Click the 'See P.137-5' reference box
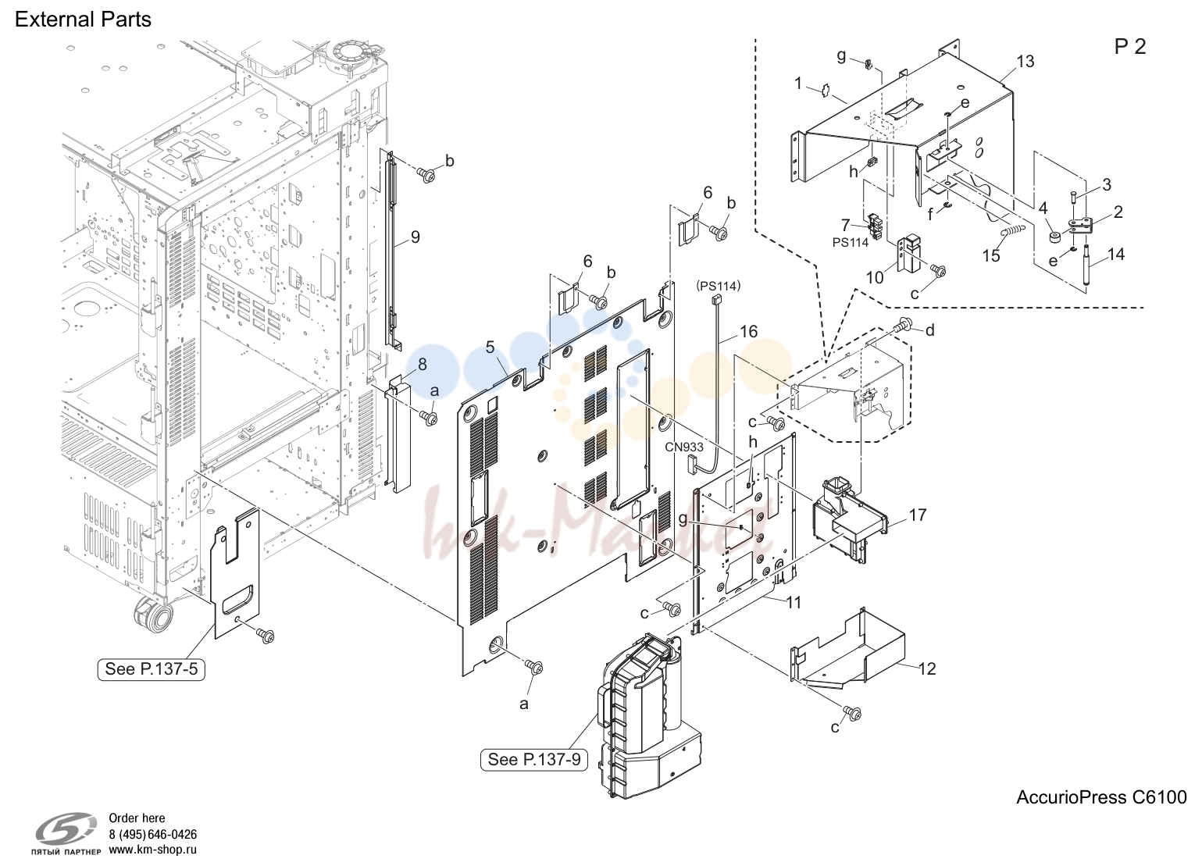(151, 668)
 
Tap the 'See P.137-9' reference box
(533, 759)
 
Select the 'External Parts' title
(83, 20)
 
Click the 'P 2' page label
(1130, 47)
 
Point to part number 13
(1025, 62)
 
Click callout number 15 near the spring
(991, 255)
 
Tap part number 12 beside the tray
(927, 668)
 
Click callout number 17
(918, 515)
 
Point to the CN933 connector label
(684, 447)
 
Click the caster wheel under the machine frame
(153, 615)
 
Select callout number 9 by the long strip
(415, 237)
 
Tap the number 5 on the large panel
(490, 347)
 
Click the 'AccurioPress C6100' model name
(1101, 797)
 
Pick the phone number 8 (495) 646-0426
(153, 835)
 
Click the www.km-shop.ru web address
(153, 850)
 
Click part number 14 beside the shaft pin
(1115, 255)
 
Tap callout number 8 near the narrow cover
(423, 365)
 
